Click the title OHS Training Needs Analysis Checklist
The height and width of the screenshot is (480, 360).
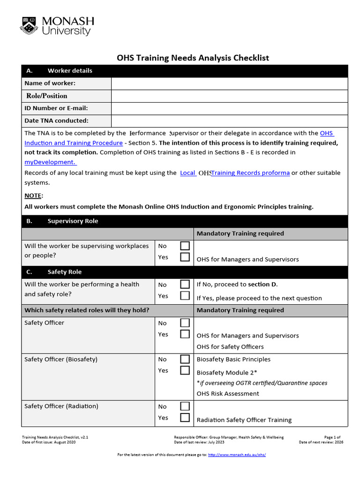click(x=193, y=58)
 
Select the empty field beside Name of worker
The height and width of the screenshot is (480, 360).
click(x=229, y=83)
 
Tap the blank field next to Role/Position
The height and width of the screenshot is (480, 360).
click(x=229, y=96)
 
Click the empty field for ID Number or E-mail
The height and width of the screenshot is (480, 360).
click(x=229, y=108)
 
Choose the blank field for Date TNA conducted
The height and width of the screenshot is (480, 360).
click(x=229, y=121)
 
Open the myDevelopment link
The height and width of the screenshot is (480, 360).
click(x=50, y=162)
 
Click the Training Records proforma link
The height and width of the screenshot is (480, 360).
click(x=250, y=173)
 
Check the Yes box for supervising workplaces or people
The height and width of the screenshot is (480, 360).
click(x=185, y=257)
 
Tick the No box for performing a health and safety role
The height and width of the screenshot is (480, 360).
click(x=185, y=285)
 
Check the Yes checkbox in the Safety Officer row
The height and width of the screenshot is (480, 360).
click(x=185, y=334)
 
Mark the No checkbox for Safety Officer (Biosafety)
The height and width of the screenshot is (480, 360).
click(x=185, y=360)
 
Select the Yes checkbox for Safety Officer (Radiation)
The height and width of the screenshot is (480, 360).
click(x=185, y=418)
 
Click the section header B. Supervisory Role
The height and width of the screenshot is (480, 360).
click(x=73, y=221)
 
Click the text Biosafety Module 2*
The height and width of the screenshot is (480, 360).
click(x=226, y=373)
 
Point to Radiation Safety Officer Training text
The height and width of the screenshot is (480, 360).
click(x=244, y=420)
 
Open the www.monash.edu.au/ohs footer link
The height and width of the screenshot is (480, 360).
click(x=237, y=455)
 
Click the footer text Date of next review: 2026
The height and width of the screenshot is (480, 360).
click(x=321, y=442)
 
